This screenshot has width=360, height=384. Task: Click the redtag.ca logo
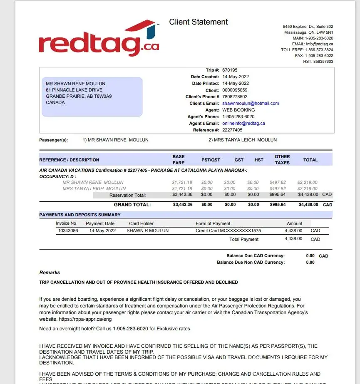click(99, 39)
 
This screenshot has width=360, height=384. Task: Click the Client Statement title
click(198, 22)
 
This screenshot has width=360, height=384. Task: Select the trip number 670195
click(230, 70)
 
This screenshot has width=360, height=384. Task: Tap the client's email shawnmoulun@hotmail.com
click(251, 104)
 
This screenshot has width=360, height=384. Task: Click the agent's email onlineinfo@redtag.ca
click(243, 124)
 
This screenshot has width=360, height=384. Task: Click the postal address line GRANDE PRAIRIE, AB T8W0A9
click(79, 97)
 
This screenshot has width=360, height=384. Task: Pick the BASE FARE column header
click(179, 160)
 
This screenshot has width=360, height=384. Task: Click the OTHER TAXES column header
click(282, 160)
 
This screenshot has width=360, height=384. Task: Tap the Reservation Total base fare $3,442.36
click(183, 195)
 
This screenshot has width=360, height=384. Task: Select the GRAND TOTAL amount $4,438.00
click(308, 205)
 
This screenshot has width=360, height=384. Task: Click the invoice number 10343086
click(67, 231)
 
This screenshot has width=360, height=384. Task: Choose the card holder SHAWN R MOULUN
click(148, 231)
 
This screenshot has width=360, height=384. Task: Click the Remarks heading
click(50, 273)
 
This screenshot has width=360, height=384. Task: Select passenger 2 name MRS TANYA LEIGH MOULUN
click(243, 140)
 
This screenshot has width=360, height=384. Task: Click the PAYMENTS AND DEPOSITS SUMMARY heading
click(80, 215)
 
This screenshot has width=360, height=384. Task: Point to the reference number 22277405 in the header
click(232, 130)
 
